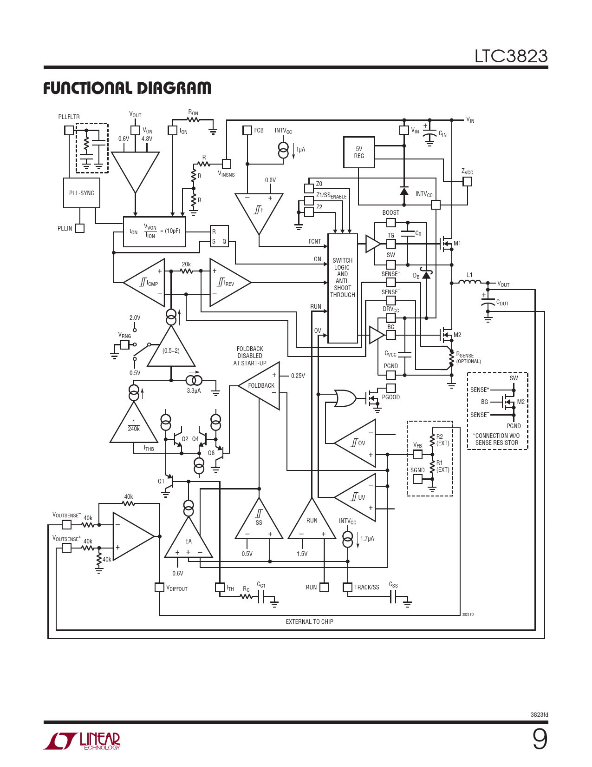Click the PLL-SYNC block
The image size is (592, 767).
click(x=82, y=193)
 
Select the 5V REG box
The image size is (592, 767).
click(x=359, y=152)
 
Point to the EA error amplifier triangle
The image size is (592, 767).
click(x=189, y=542)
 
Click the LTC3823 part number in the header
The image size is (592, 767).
click(x=511, y=56)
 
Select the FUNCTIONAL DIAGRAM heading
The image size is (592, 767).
click(x=127, y=88)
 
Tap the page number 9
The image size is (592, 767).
click(x=540, y=739)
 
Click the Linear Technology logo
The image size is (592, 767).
click(x=82, y=741)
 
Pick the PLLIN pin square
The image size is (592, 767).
click(x=80, y=228)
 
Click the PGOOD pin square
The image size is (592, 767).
click(x=391, y=388)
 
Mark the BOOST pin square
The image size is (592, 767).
click(x=391, y=223)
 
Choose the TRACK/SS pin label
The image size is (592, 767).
click(x=366, y=588)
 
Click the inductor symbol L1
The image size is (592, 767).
click(x=470, y=282)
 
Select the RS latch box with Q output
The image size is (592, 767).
click(x=219, y=236)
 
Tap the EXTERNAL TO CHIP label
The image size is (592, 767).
click(x=309, y=622)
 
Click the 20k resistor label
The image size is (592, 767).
click(x=186, y=264)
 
